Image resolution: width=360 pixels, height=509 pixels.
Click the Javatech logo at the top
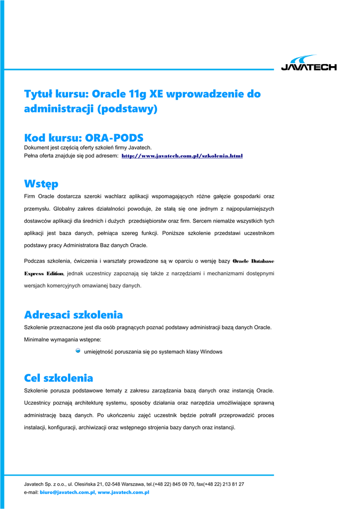(309, 63)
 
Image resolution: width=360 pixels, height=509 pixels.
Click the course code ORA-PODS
(114, 138)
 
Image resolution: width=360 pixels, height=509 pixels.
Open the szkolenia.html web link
(182, 156)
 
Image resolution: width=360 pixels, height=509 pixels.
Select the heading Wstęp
(41, 184)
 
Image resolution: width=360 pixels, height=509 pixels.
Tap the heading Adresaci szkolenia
(74, 315)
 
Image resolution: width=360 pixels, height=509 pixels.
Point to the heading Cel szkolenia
(59, 378)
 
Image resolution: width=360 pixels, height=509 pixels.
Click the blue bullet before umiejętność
(78, 351)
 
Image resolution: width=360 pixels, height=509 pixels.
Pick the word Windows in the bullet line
(211, 352)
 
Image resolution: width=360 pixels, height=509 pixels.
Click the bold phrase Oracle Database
(253, 261)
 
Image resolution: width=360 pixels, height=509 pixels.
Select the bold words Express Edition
(44, 273)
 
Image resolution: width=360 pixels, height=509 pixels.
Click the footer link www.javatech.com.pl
(124, 493)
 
